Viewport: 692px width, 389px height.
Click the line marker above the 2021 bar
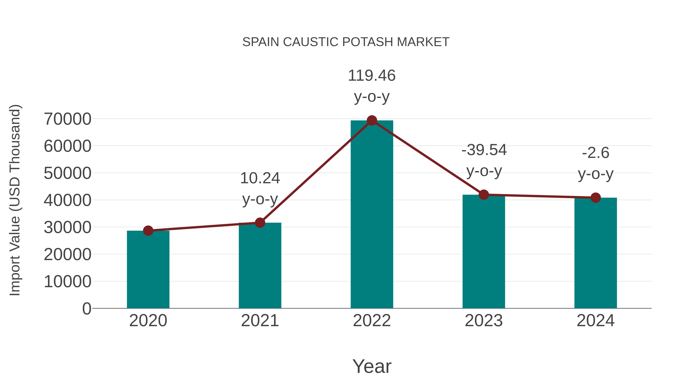[x=260, y=223]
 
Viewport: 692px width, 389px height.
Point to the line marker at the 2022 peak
[x=372, y=120]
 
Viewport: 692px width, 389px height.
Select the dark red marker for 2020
[x=148, y=231]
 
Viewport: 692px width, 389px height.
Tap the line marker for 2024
[x=596, y=198]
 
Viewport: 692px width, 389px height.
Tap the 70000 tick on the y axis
[x=67, y=119]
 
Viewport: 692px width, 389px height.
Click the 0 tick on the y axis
[x=86, y=309]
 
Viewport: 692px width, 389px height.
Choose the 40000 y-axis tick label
[x=67, y=200]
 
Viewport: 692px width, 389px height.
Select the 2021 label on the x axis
[x=260, y=321]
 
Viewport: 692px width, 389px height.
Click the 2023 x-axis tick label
[x=484, y=321]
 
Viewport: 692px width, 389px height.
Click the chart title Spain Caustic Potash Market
[x=346, y=42]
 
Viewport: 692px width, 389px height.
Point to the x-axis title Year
[x=372, y=366]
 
